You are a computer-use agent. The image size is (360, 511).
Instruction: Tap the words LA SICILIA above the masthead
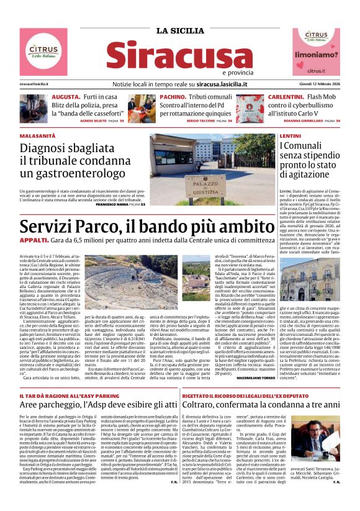pos(180,31)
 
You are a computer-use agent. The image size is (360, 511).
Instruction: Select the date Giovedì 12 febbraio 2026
pos(317,83)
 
